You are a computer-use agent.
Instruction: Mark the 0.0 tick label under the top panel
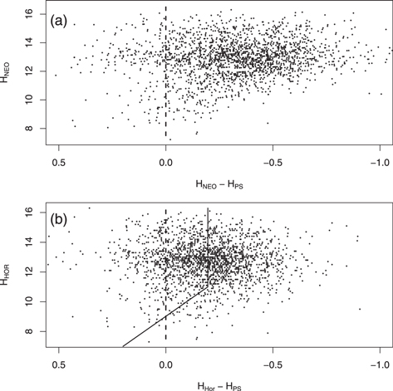pos(166,159)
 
